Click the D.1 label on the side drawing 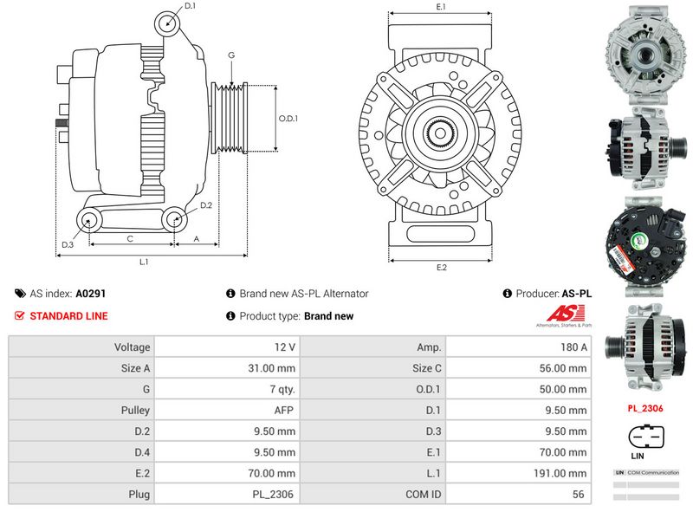[x=191, y=7]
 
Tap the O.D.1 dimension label [x=288, y=119]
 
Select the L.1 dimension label [x=145, y=261]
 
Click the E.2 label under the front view [x=442, y=267]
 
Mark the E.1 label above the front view [x=442, y=7]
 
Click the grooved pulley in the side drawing [x=230, y=119]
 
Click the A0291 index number [x=91, y=294]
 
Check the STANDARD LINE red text [x=68, y=316]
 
